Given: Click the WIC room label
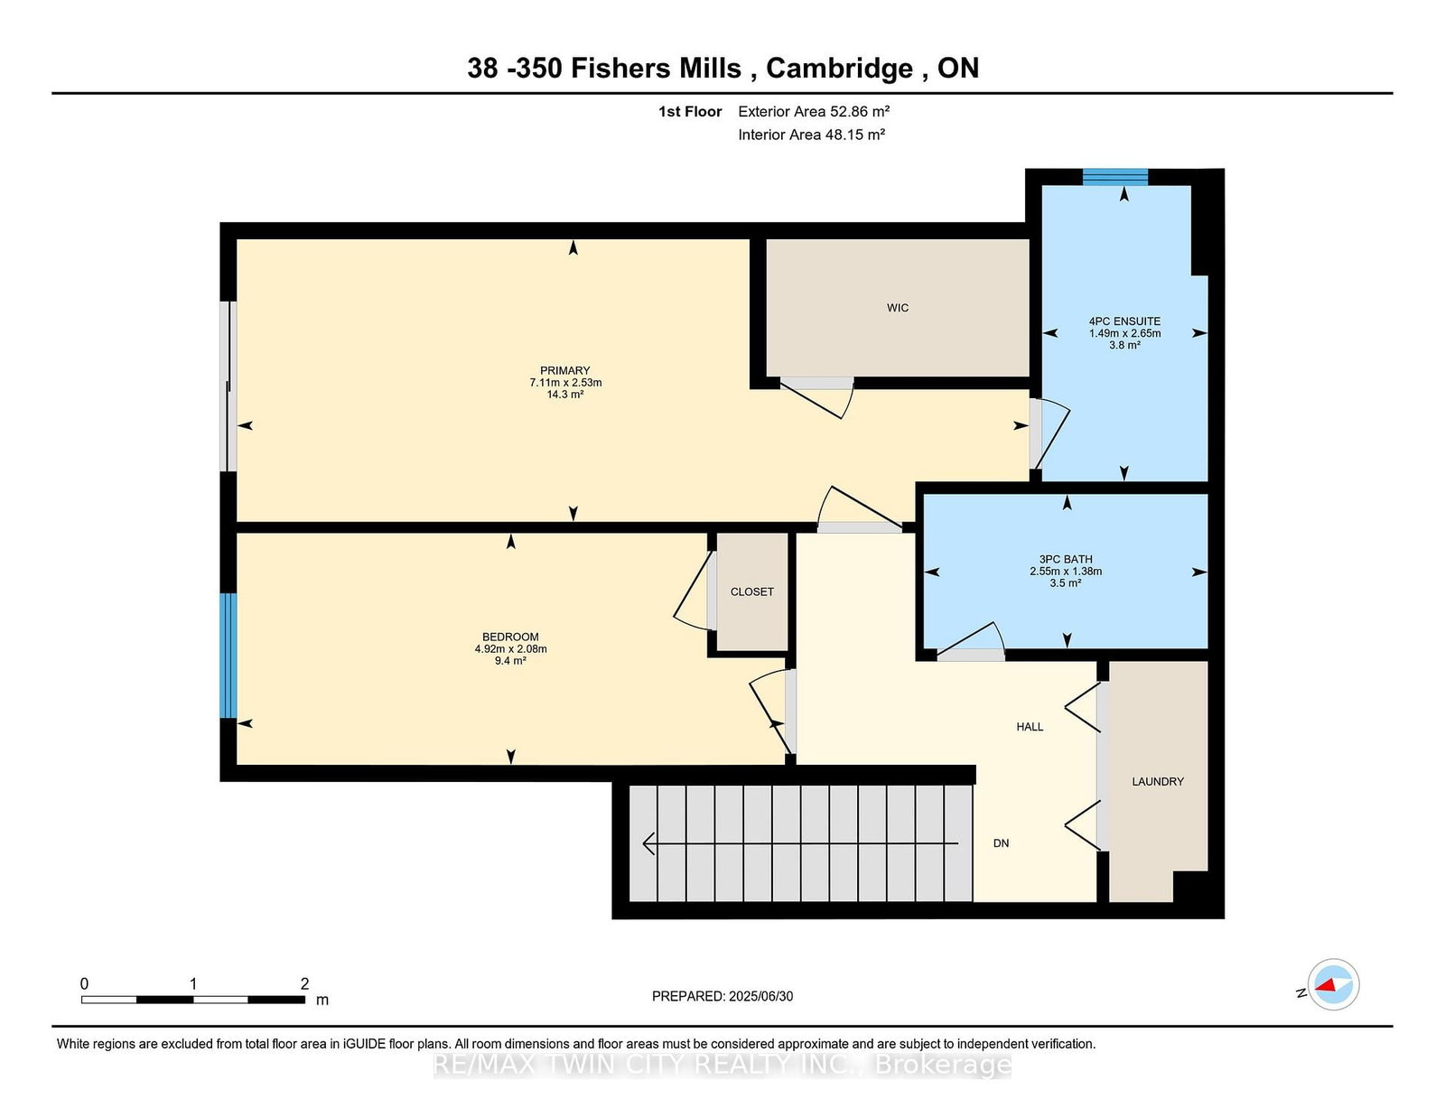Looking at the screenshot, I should (897, 308).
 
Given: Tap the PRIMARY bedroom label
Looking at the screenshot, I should (564, 370).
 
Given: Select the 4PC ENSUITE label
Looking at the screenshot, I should (1123, 321).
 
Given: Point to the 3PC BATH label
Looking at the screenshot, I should (1066, 559).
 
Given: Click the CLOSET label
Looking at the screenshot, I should (751, 591).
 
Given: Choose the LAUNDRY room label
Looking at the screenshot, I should (1157, 781).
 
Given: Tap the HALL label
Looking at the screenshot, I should (1029, 726).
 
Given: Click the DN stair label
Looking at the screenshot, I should (1001, 842).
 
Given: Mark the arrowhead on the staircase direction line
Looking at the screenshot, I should (648, 843).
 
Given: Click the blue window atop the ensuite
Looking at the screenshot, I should (1114, 177).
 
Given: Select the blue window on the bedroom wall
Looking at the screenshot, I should (228, 655).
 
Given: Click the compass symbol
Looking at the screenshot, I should (1333, 984).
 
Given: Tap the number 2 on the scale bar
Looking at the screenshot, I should (304, 983).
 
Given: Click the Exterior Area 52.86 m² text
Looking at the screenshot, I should (813, 111).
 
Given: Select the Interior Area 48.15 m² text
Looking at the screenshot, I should (810, 135).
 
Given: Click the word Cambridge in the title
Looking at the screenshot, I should (839, 68).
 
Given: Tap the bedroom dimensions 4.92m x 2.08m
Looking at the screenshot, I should (510, 648).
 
